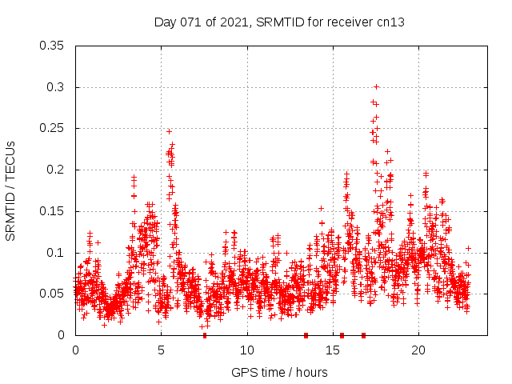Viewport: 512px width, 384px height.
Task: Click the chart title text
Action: [x=279, y=22]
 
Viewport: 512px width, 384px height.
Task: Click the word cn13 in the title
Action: [x=391, y=22]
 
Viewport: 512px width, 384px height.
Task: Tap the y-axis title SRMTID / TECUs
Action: [x=10, y=190]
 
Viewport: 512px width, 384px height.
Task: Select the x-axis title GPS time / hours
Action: [x=279, y=372]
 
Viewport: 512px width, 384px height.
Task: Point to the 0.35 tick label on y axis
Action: [x=53, y=46]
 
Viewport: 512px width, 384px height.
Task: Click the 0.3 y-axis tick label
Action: [x=56, y=87]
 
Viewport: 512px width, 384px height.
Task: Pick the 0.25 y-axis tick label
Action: [x=53, y=129]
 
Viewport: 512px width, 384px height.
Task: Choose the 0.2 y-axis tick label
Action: [x=56, y=170]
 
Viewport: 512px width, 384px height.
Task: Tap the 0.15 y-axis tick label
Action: [x=53, y=211]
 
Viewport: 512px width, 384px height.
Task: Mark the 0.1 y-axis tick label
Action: [x=56, y=253]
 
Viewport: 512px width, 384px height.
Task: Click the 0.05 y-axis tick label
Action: [x=53, y=294]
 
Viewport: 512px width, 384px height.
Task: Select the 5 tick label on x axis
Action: [x=161, y=350]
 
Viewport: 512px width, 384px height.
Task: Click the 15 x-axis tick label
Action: [x=332, y=350]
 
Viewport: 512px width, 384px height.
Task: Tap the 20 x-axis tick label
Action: [x=418, y=350]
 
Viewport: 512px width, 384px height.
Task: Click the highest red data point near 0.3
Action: [x=376, y=86]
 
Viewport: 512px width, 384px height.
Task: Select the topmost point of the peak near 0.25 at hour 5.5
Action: [x=169, y=131]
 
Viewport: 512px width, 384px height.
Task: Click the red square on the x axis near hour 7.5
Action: [x=204, y=335]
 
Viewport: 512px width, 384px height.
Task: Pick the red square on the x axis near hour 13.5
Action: [x=306, y=335]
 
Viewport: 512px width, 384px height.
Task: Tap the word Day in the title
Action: [x=165, y=22]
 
